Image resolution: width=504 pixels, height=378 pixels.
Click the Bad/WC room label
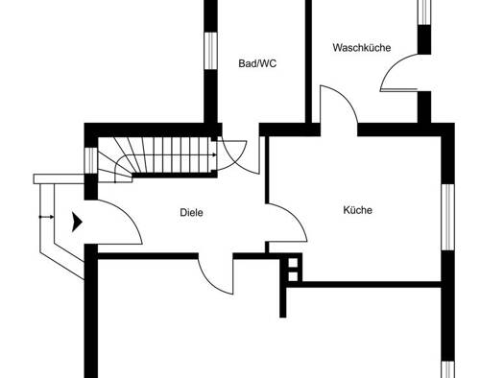click(257, 63)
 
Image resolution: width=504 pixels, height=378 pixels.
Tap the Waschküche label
click(362, 48)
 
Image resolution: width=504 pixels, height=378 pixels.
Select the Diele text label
click(191, 213)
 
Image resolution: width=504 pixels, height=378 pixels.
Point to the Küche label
click(358, 210)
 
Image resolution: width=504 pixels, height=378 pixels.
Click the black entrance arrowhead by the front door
click(77, 222)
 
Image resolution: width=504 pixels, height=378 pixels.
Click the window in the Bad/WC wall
click(211, 51)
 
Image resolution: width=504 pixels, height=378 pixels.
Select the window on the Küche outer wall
click(447, 217)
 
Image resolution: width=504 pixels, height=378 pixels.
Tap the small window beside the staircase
click(91, 160)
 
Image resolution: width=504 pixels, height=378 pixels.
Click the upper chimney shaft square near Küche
click(293, 263)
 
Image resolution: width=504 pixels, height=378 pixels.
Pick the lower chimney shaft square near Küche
click(293, 276)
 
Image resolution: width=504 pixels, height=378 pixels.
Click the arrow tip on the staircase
click(215, 155)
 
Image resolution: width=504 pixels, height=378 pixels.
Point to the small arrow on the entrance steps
click(47, 217)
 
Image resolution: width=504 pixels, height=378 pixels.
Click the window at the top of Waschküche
click(424, 12)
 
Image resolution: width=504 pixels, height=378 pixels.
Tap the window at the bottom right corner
click(447, 369)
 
